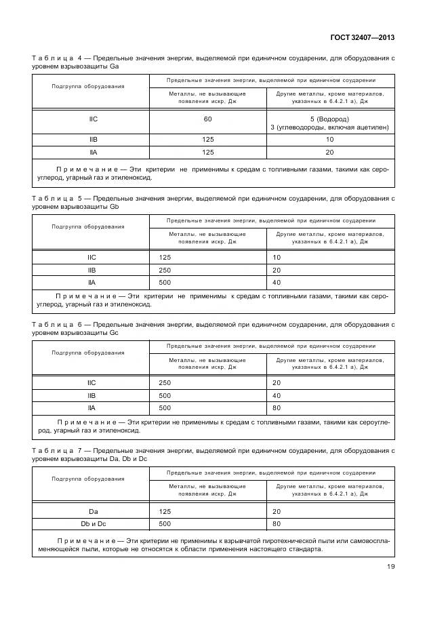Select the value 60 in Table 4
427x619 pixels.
207,119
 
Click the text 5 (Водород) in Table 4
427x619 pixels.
329,119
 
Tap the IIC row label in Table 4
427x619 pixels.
93,119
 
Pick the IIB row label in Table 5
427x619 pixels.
93,270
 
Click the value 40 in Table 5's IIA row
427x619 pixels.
277,282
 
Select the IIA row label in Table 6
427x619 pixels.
93,408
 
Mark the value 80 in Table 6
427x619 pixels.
277,408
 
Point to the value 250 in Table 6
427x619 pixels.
165,383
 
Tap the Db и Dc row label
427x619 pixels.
93,523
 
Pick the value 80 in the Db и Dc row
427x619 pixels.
277,523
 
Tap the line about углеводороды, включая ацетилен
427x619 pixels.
329,127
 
